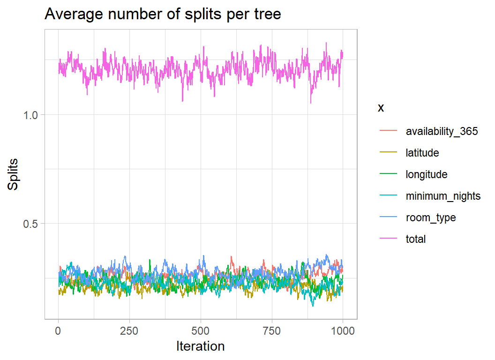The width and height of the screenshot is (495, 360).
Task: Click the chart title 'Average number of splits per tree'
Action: click(x=163, y=15)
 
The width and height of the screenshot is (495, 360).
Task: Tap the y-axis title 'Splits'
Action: click(x=14, y=174)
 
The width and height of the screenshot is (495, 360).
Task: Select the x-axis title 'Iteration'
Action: click(x=200, y=346)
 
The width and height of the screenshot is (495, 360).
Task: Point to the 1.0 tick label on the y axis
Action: click(x=30, y=115)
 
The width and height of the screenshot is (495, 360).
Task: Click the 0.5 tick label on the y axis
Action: click(x=30, y=224)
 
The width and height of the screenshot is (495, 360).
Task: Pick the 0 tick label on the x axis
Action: click(x=58, y=331)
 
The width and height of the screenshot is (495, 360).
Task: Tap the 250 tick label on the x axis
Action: click(x=129, y=331)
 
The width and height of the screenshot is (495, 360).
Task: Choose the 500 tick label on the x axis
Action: click(x=200, y=331)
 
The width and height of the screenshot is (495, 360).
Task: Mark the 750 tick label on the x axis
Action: click(x=271, y=331)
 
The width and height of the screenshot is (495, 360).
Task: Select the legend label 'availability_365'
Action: click(x=442, y=132)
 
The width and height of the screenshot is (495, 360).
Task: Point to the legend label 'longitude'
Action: click(x=427, y=174)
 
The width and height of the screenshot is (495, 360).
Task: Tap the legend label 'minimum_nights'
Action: click(x=443, y=196)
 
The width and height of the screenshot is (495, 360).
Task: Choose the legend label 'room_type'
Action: click(x=431, y=217)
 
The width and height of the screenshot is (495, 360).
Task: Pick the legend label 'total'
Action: click(x=416, y=239)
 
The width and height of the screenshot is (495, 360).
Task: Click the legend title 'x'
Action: click(x=381, y=108)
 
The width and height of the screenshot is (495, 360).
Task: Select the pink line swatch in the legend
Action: click(x=388, y=239)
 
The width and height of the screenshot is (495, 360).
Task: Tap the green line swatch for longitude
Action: click(x=388, y=174)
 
